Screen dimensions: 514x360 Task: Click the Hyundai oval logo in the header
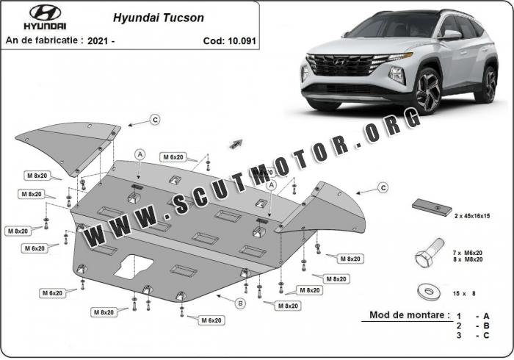pos(46,13)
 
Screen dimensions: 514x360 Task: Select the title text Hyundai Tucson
pos(159,18)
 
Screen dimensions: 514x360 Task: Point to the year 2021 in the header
pos(98,41)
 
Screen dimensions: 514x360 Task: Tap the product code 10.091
pos(242,41)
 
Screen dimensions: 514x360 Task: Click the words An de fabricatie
pos(42,40)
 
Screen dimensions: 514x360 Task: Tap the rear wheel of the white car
pos(488,84)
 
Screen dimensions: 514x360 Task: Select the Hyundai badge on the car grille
pos(340,61)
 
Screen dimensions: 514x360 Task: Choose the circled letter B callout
pos(240,303)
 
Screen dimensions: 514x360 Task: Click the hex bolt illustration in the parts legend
pos(430,253)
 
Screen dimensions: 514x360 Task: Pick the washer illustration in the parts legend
pos(428,292)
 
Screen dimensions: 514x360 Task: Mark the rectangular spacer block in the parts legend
pos(432,207)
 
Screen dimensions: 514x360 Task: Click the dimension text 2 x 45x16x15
pos(472,216)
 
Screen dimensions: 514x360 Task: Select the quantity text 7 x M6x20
pos(468,253)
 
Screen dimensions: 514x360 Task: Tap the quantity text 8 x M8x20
pos(468,259)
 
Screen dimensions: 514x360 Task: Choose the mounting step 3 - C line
pos(473,336)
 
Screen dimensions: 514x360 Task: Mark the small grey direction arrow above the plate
pos(236,143)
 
